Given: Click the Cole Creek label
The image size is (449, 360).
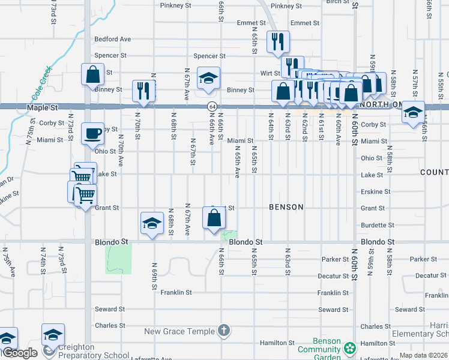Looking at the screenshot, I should (x=41, y=84).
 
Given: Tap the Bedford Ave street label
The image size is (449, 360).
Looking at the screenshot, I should (x=112, y=40).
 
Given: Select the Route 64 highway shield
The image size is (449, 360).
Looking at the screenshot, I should (x=212, y=106).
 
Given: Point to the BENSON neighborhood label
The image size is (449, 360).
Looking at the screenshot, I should (x=286, y=207).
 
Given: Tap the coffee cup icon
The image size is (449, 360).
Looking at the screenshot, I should (x=93, y=133).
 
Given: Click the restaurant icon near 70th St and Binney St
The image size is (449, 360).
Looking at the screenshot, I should (x=143, y=90).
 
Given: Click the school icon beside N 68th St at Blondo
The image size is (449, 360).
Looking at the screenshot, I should (x=152, y=224).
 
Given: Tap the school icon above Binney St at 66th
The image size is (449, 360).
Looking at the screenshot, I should (x=208, y=78).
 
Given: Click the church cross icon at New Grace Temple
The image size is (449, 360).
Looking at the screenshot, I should (x=223, y=331).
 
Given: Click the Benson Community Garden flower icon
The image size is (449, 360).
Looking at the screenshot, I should (x=349, y=348).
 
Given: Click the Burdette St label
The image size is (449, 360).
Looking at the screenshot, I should (x=377, y=226).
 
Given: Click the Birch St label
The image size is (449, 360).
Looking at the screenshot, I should (x=334, y=2).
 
